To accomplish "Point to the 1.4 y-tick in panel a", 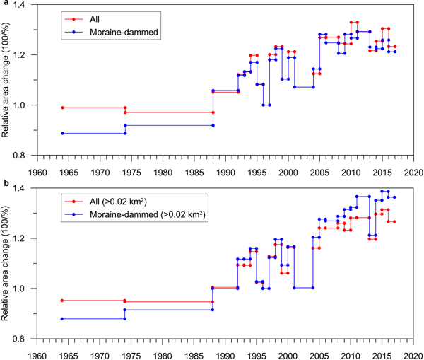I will click(x=25, y=6).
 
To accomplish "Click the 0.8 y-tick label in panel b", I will click(x=25, y=339).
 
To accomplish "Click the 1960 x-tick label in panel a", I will click(x=37, y=170).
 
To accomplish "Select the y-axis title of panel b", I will click(x=9, y=263).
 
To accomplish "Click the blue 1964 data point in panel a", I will click(x=63, y=133).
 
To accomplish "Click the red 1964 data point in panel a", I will click(x=63, y=108).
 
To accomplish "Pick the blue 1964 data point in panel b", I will click(x=63, y=319).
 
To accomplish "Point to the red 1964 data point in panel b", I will click(x=63, y=301).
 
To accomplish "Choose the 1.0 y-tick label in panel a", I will click(x=25, y=105).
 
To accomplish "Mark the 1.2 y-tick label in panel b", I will click(x=25, y=238).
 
